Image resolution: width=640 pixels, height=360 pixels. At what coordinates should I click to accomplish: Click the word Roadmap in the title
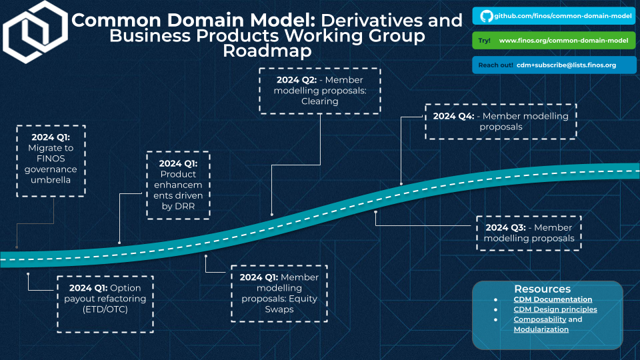(267, 51)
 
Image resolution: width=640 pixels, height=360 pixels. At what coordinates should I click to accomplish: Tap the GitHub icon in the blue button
(485, 15)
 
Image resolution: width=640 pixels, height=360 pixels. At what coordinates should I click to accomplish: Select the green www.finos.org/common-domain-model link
(563, 41)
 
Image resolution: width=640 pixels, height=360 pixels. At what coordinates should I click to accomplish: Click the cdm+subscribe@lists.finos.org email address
(566, 65)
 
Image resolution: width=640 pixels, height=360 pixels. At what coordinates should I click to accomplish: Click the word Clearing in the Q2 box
(320, 101)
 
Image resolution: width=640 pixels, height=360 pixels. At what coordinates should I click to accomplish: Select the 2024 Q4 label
(453, 116)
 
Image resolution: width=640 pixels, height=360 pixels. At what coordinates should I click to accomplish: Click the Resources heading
(542, 289)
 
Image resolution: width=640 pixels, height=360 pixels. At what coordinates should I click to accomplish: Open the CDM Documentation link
(553, 300)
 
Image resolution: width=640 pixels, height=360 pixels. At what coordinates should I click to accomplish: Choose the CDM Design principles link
(555, 309)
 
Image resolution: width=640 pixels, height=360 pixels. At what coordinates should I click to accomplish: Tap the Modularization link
(541, 329)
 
